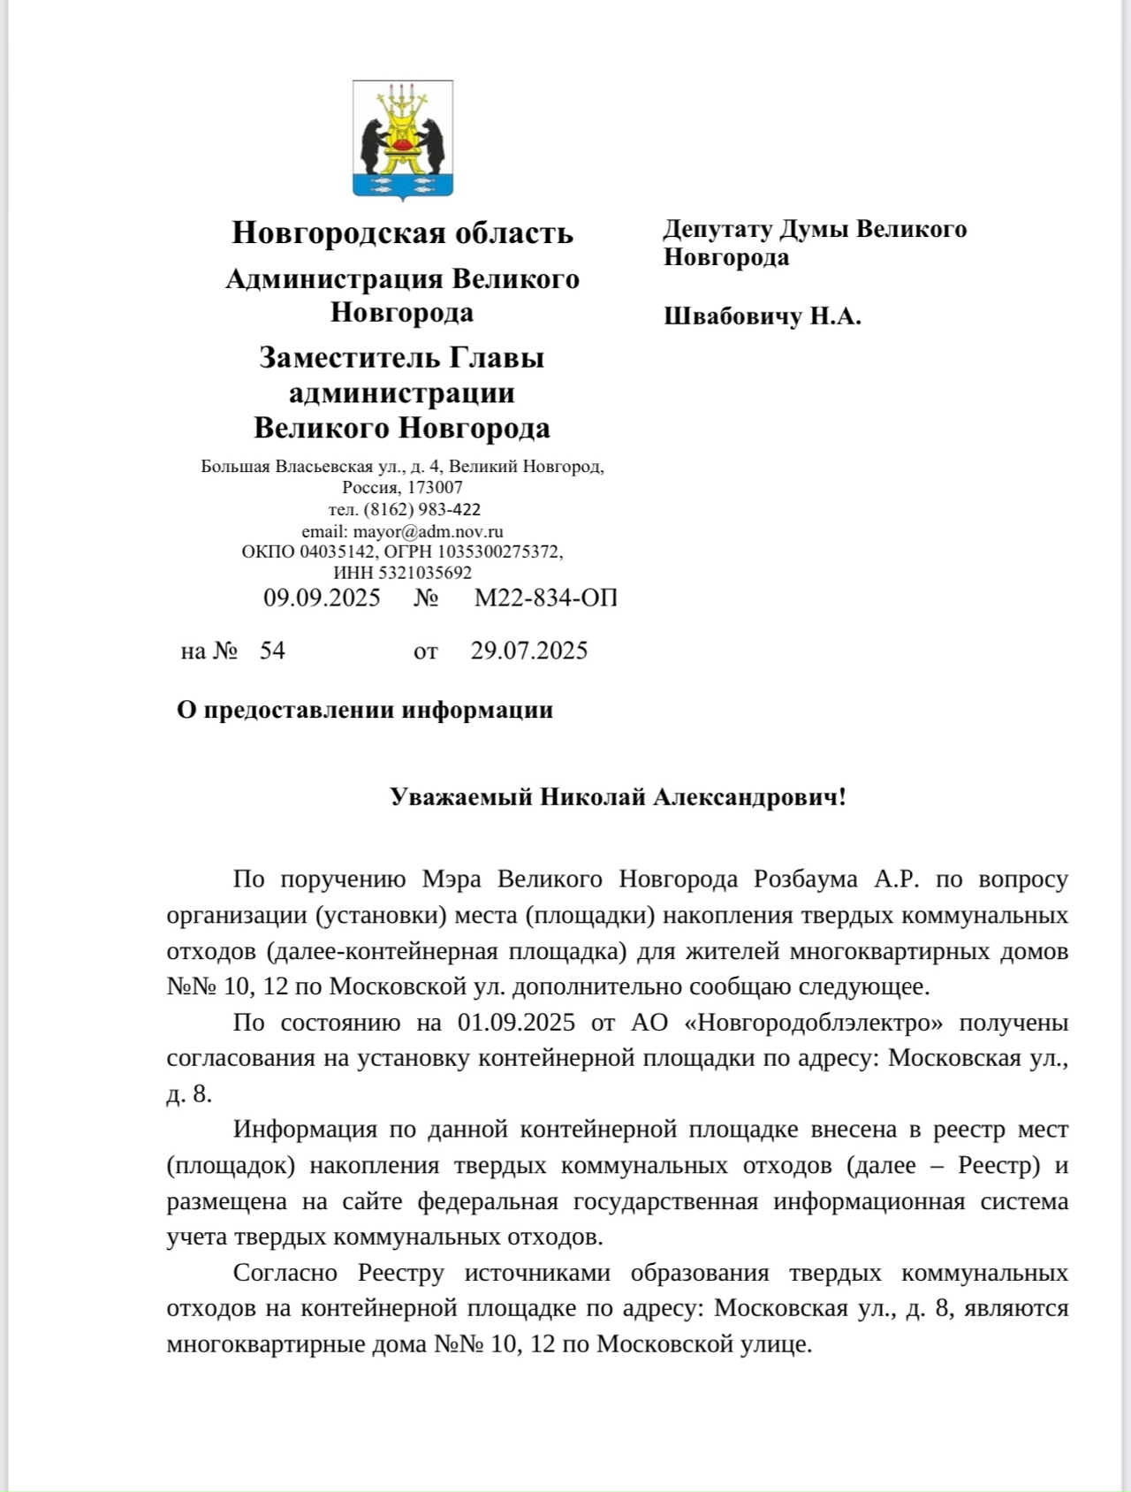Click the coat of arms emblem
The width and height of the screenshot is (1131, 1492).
(x=403, y=139)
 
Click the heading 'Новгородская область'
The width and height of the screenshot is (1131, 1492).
(x=402, y=232)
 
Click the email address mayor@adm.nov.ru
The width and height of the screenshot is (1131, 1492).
(x=428, y=531)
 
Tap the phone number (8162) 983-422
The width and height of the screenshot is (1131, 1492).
(x=422, y=509)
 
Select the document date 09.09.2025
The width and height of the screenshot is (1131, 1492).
(x=322, y=598)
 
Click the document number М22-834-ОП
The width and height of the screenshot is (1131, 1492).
(x=545, y=598)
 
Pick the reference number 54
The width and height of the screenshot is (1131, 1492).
(x=272, y=651)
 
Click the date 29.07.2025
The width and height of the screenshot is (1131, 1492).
(x=528, y=651)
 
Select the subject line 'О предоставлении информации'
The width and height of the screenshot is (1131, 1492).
(x=365, y=710)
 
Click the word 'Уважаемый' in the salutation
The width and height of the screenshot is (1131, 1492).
(x=460, y=796)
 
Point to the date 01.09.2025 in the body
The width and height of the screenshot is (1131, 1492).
(x=516, y=1023)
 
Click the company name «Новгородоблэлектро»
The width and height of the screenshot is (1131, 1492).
(x=813, y=1023)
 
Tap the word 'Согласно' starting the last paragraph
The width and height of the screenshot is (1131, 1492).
(x=285, y=1273)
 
